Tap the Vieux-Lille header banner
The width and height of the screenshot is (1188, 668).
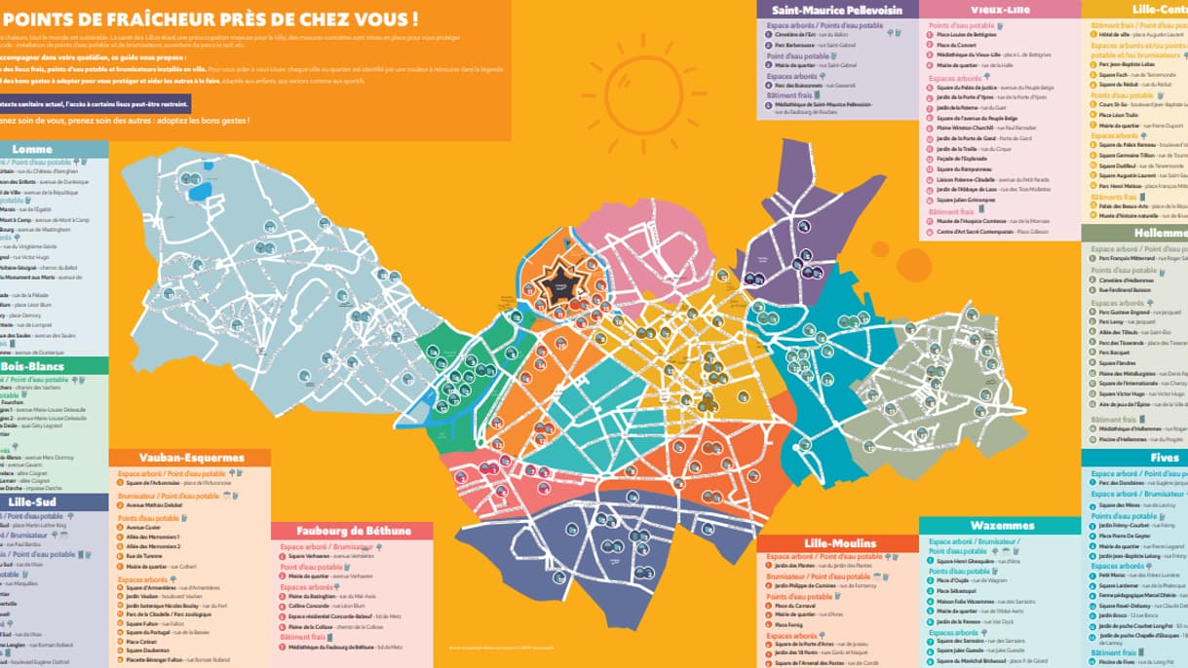1000,10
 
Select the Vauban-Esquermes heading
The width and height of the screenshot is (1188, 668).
190,457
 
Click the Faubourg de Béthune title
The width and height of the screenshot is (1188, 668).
352,531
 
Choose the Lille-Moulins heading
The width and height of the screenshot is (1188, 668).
840,543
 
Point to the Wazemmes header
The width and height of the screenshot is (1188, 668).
1001,526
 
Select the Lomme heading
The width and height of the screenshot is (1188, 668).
32,149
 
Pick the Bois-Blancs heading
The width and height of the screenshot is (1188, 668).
32,366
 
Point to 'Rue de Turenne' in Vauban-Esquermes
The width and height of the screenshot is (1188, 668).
144,556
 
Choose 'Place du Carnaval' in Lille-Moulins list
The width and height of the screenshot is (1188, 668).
794,606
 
